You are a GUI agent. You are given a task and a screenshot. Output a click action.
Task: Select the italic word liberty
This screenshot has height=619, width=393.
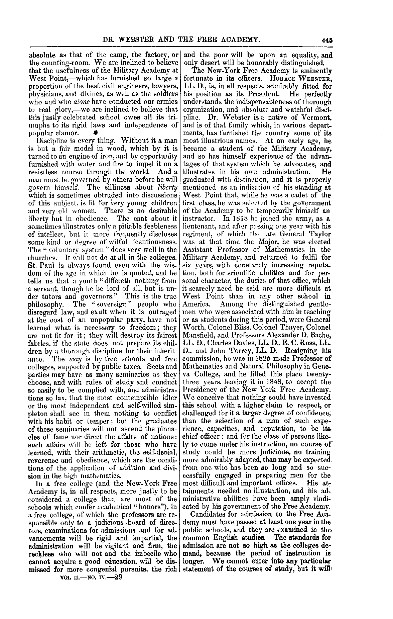point(167,187)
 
